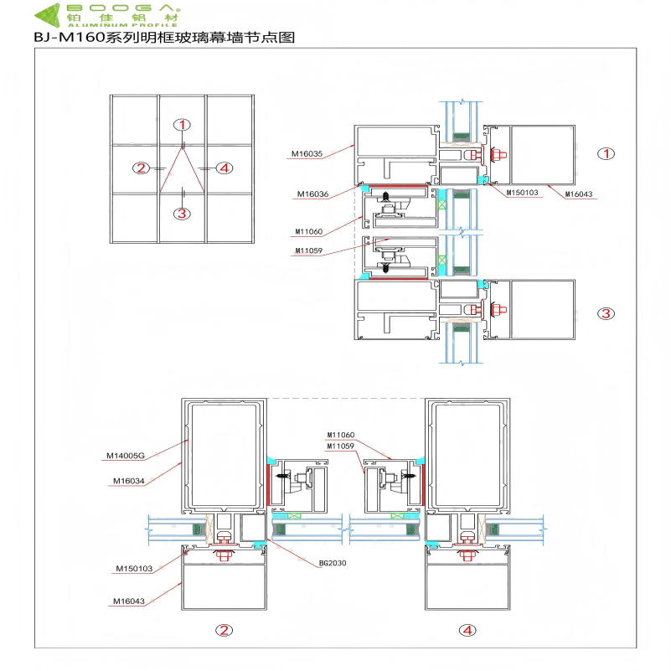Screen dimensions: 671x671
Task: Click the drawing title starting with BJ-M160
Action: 165,38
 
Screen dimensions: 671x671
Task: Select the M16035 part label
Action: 307,153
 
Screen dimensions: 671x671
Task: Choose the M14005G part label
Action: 126,456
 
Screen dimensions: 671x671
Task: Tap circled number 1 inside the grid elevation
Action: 183,125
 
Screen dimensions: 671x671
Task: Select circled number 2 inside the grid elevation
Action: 141,168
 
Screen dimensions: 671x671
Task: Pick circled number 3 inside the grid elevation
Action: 183,213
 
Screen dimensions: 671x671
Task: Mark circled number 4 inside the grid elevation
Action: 224,168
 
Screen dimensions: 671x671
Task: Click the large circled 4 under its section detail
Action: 467,630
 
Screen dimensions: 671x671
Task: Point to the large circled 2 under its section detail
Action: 223,630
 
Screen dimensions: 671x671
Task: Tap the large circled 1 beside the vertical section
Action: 606,153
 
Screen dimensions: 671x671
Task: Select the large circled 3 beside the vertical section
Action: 606,313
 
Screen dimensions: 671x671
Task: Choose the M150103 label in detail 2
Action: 134,569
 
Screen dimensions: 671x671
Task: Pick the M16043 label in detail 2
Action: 128,601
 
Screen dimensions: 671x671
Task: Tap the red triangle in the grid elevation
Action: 183,171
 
